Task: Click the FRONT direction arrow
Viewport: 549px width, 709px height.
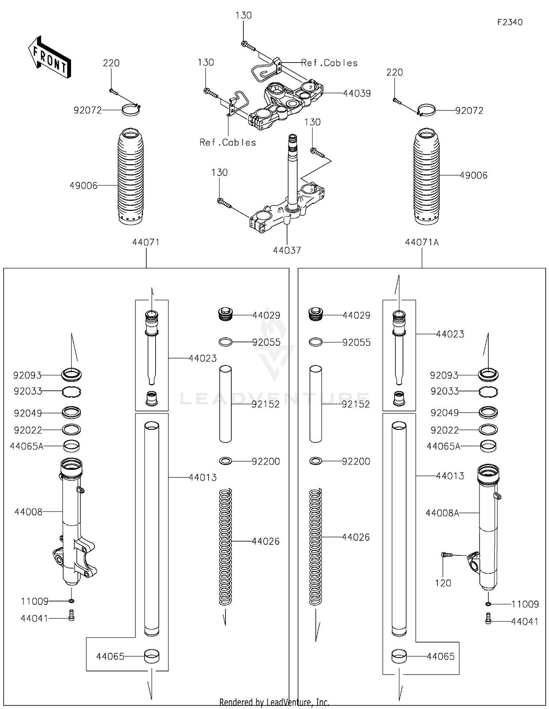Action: point(49,57)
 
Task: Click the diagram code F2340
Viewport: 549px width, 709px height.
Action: point(509,22)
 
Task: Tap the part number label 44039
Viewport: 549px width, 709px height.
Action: point(357,93)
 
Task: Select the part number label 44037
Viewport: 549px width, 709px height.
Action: point(287,250)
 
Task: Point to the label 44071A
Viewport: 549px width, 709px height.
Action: point(422,242)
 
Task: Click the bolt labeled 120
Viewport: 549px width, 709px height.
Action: point(447,555)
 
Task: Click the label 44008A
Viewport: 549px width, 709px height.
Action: point(442,513)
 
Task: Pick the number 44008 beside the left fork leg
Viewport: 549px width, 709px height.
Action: point(29,512)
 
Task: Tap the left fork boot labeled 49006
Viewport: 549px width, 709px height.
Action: point(131,176)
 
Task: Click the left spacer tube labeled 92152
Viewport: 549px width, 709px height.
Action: point(225,404)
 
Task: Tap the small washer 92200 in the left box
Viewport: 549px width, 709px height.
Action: point(225,461)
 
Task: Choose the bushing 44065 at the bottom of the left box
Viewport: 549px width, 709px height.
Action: point(152,656)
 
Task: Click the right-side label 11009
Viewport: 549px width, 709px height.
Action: point(525,604)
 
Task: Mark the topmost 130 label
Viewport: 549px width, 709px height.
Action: point(243,15)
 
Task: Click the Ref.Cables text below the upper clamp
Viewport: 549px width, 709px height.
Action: point(228,142)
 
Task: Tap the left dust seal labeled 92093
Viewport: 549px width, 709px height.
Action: point(72,374)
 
